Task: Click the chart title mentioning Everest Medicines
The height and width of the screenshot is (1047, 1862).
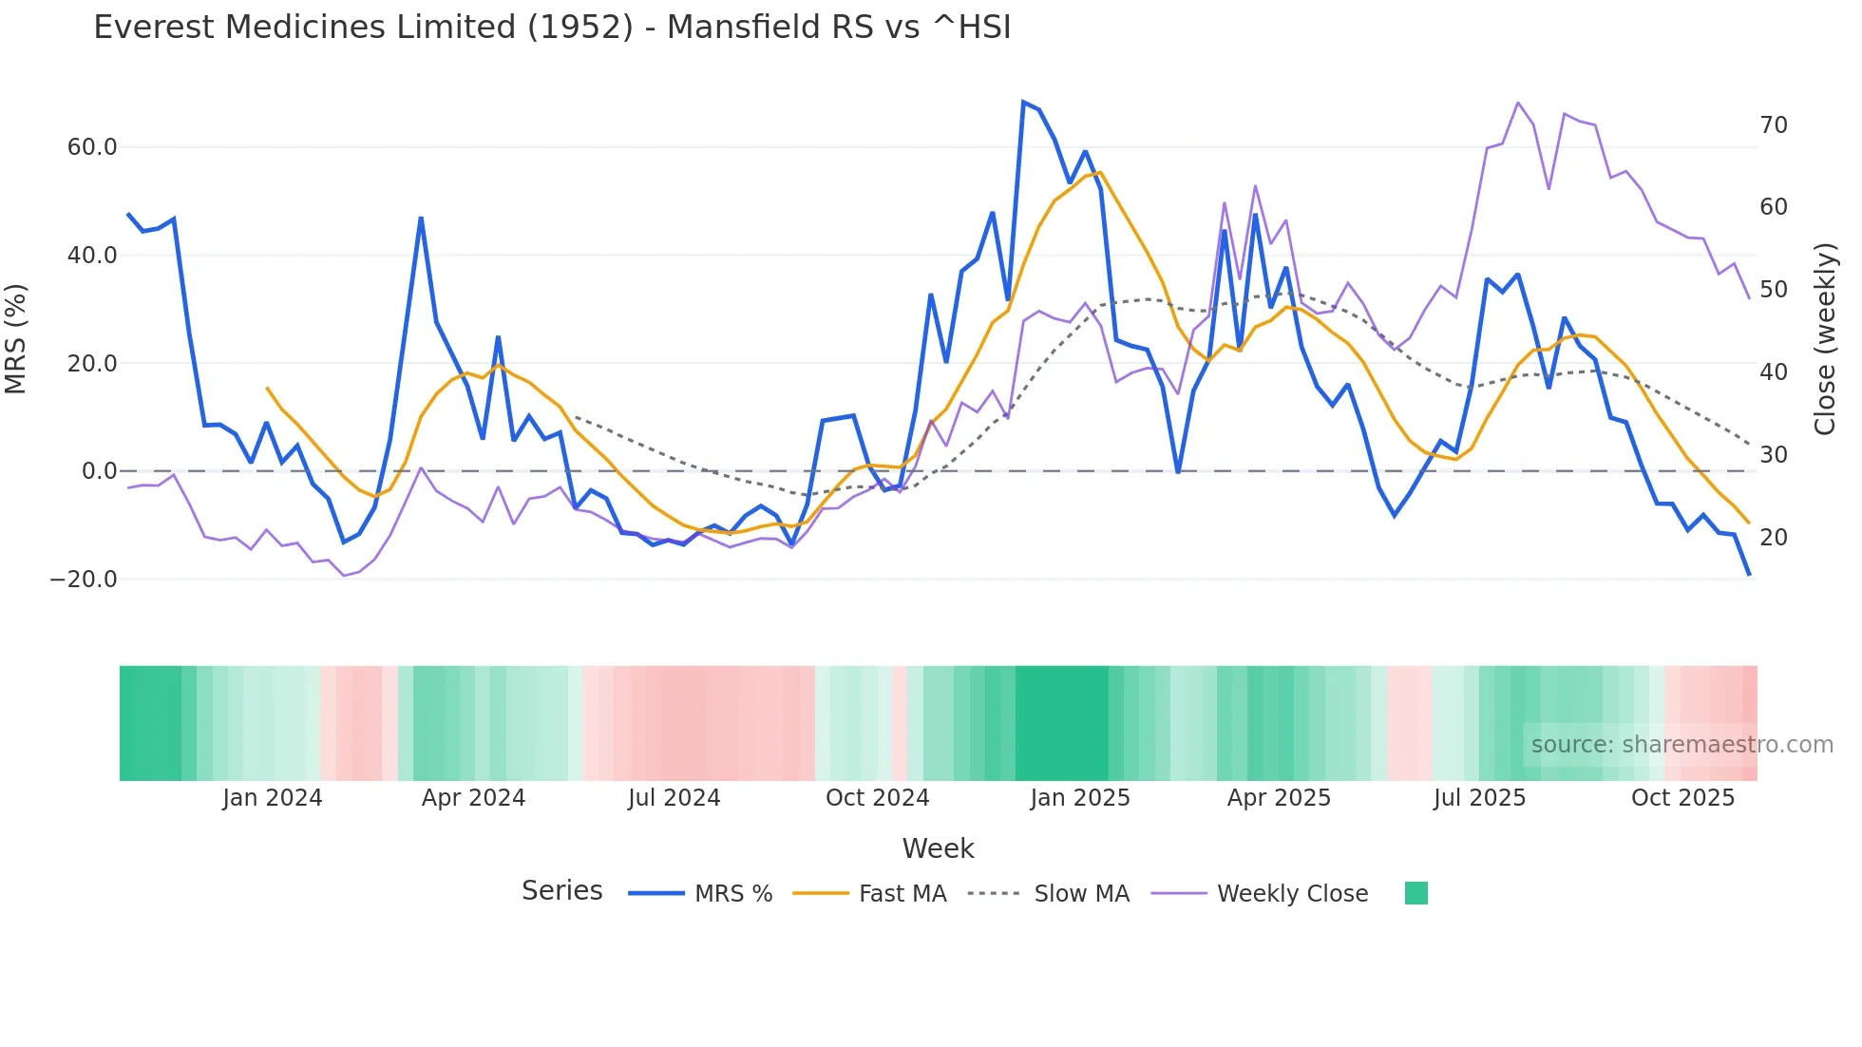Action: tap(552, 28)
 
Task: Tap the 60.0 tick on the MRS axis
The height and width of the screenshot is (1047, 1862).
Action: tap(92, 147)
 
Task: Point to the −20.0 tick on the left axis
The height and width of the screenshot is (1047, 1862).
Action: tap(84, 580)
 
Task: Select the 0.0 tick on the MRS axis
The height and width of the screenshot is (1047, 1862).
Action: tap(100, 471)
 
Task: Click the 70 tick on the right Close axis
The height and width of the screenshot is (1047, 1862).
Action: tap(1774, 125)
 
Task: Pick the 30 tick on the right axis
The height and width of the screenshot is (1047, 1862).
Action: tap(1774, 455)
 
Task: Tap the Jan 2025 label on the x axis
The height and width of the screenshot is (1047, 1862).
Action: tap(1080, 798)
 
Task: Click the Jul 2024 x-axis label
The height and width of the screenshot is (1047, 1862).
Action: tap(674, 798)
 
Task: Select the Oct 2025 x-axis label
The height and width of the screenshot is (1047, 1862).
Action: tap(1682, 798)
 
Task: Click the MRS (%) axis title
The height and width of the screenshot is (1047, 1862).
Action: tap(16, 338)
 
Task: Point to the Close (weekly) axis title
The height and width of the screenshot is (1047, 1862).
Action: tap(1825, 339)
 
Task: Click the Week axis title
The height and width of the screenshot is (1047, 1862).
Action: tap(938, 848)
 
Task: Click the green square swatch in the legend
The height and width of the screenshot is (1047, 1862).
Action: tap(1415, 893)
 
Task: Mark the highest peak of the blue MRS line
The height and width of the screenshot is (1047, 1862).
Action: tap(1023, 102)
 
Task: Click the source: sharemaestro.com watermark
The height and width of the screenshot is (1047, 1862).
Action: tap(1681, 745)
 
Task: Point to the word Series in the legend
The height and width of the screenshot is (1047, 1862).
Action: tap(561, 891)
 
